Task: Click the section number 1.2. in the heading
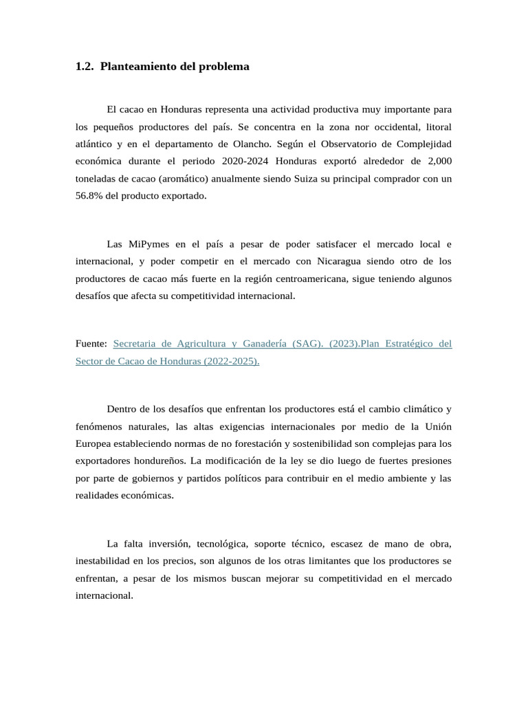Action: coord(85,67)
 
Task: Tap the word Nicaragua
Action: coord(343,261)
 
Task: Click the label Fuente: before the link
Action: coord(91,344)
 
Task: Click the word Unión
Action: coord(437,426)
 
